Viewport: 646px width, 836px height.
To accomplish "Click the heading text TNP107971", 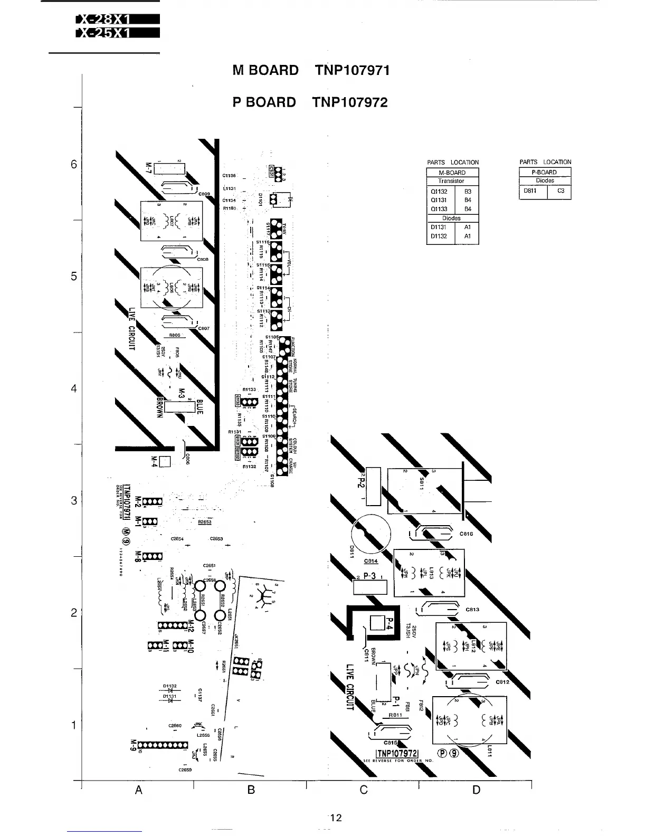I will (352, 70).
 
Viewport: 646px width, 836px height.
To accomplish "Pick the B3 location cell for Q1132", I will (467, 192).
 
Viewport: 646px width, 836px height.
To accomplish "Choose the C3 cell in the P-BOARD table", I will (560, 191).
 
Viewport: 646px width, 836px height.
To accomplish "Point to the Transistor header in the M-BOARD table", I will (451, 180).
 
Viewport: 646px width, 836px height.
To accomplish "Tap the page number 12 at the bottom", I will (336, 818).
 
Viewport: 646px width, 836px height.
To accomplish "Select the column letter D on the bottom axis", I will (476, 790).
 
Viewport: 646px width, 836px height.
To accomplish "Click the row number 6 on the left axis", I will (74, 164).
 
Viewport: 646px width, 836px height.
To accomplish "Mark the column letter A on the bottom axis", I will (139, 790).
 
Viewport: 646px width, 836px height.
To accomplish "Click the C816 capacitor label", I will (467, 534).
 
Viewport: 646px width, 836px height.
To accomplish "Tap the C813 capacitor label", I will (472, 609).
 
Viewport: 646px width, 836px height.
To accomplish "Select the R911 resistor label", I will (395, 715).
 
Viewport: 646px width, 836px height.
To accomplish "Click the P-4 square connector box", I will (378, 623).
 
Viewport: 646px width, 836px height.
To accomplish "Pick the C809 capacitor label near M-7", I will (205, 194).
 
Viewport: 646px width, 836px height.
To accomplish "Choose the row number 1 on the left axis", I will (74, 725).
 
